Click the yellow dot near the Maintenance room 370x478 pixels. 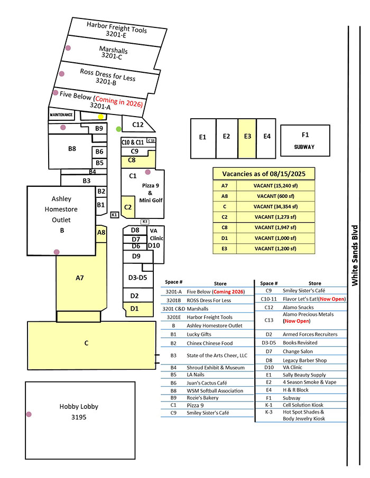pyautogui.click(x=101, y=117)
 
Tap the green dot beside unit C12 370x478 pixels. pyautogui.click(x=118, y=128)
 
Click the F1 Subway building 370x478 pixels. pyautogui.click(x=304, y=141)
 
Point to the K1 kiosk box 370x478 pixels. pyautogui.click(x=114, y=215)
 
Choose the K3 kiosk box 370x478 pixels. pyautogui.click(x=145, y=222)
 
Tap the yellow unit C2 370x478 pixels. pyautogui.click(x=128, y=207)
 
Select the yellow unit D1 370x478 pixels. pyautogui.click(x=134, y=308)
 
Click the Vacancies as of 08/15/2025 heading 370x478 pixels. pyautogui.click(x=264, y=174)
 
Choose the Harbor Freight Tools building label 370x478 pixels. pyautogui.click(x=117, y=30)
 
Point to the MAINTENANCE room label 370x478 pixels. pyautogui.click(x=61, y=114)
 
